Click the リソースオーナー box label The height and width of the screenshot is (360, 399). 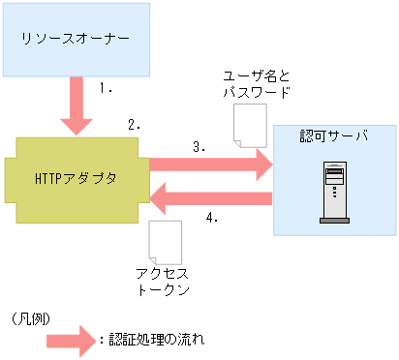point(76,40)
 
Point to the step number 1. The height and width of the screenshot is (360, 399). point(107,87)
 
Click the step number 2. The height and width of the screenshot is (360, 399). point(135,125)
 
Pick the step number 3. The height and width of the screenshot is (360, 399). point(199,147)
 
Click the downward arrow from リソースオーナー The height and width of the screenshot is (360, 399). point(76,106)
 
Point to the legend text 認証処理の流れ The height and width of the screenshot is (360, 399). point(156,340)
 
